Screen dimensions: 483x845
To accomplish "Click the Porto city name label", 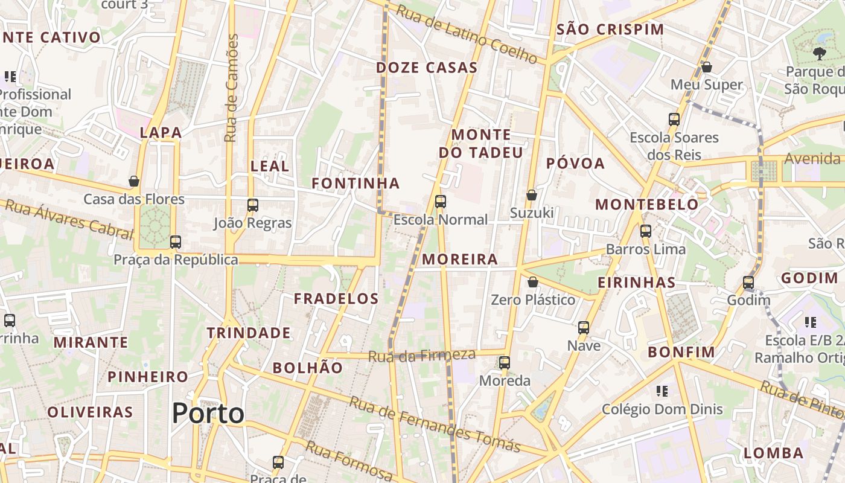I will (208, 414).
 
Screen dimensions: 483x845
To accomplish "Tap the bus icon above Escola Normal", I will (441, 202).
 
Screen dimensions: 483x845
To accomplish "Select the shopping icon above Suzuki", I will (532, 195).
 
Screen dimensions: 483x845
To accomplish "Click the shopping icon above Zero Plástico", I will (533, 282).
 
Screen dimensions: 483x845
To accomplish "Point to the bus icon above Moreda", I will (505, 363).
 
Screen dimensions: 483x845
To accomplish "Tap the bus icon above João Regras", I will (253, 205).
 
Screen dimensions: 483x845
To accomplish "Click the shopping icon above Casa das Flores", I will (134, 181).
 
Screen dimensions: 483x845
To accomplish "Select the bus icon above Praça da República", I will (176, 242).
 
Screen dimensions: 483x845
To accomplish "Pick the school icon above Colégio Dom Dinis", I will (662, 391).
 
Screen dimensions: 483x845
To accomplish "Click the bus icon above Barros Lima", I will (646, 231).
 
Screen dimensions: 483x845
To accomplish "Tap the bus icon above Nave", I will (584, 328).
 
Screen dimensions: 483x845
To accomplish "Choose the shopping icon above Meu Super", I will (707, 66).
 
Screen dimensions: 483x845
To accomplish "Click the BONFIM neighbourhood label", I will (681, 352).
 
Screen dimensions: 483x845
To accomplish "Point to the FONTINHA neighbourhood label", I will (356, 183).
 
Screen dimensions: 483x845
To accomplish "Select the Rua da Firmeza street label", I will (422, 356).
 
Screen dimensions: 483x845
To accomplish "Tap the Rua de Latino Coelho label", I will (467, 34).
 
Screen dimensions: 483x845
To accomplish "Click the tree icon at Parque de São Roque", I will (820, 54).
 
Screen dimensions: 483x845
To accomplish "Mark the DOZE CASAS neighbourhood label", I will (427, 68).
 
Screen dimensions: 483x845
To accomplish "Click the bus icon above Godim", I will (748, 283).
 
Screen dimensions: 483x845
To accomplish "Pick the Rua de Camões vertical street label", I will (231, 88).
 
